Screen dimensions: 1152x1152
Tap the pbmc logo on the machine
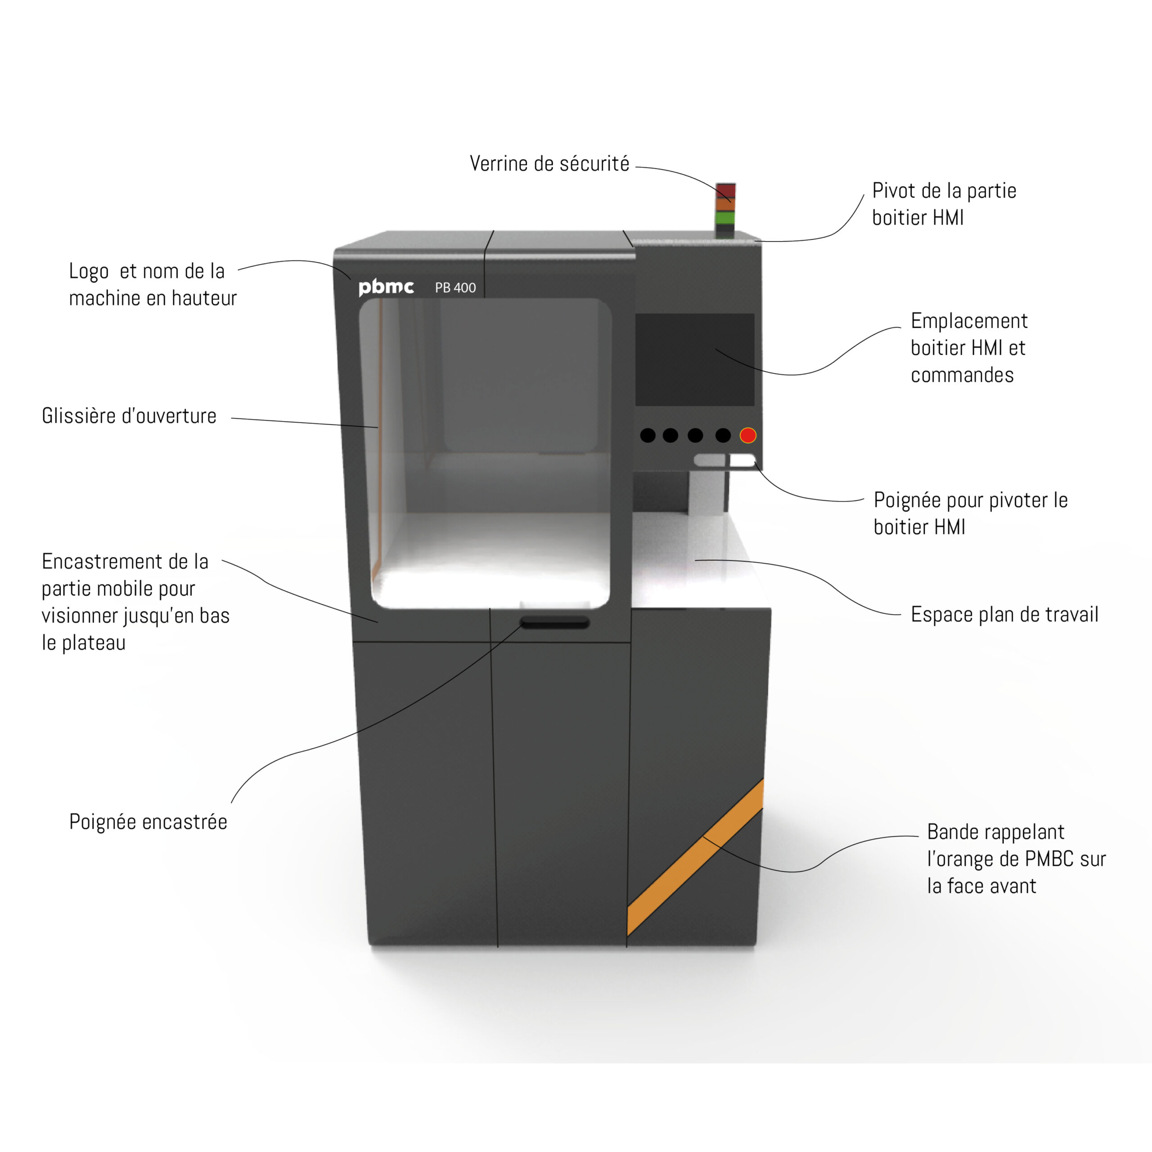click(386, 288)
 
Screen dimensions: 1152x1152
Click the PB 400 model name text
click(455, 288)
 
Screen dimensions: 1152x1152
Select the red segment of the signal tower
click(726, 191)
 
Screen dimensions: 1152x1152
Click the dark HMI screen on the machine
click(695, 359)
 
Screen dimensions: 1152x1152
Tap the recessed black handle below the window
click(554, 623)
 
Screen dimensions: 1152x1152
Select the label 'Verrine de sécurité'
click(549, 163)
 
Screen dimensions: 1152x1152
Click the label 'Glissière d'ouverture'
click(129, 416)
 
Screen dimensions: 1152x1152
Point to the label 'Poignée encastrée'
click(148, 822)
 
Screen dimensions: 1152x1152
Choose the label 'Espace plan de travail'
click(1004, 614)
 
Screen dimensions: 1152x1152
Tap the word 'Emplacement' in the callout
click(969, 321)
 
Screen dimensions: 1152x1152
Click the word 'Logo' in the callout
click(89, 271)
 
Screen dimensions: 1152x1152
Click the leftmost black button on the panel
click(648, 435)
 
